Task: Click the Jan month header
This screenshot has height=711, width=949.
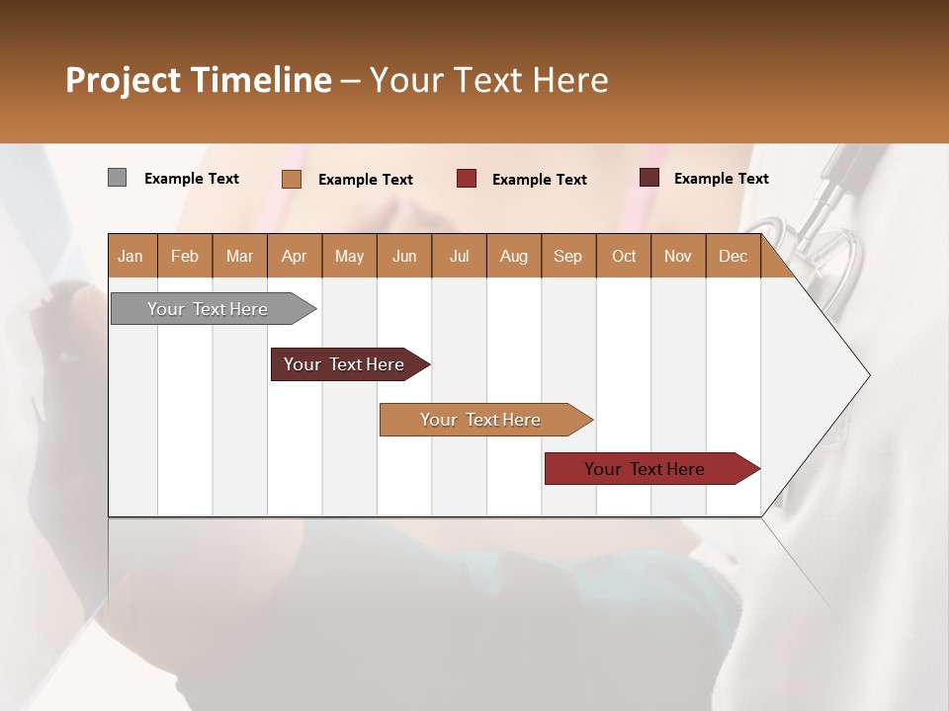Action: pyautogui.click(x=131, y=256)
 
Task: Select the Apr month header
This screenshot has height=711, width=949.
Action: pyautogui.click(x=295, y=256)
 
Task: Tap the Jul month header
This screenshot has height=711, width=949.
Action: pyautogui.click(x=459, y=256)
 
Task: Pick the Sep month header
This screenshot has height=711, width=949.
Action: pyautogui.click(x=568, y=256)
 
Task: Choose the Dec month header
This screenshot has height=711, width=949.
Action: pyautogui.click(x=733, y=256)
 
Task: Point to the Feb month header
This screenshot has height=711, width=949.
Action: pyautogui.click(x=185, y=256)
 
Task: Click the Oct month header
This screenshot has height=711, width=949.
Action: pyautogui.click(x=624, y=256)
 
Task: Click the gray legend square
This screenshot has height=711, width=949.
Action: pyautogui.click(x=117, y=178)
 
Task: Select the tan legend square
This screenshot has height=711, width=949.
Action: pyautogui.click(x=291, y=179)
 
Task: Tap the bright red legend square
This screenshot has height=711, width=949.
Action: pyautogui.click(x=467, y=179)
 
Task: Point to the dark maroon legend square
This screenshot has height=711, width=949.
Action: pyautogui.click(x=649, y=178)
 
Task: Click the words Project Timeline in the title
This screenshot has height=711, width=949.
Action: pyautogui.click(x=199, y=80)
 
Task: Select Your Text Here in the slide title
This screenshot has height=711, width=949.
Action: pyautogui.click(x=489, y=80)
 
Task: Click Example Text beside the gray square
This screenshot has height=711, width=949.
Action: pyautogui.click(x=192, y=179)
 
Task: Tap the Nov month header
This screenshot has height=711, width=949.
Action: pyautogui.click(x=678, y=256)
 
